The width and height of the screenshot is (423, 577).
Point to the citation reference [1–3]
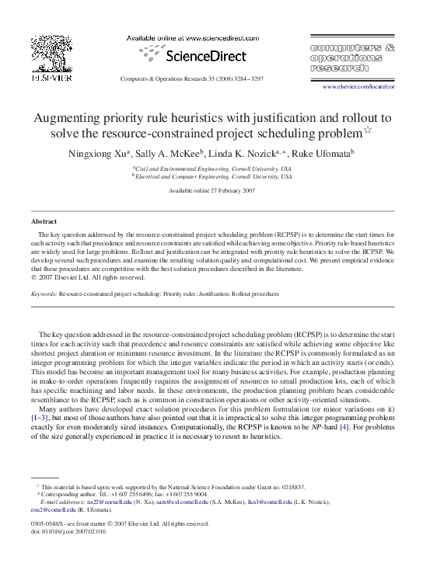click(x=42, y=417)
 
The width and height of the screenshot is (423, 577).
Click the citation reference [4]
click(x=330, y=426)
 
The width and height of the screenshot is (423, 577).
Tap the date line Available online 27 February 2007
click(x=211, y=190)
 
